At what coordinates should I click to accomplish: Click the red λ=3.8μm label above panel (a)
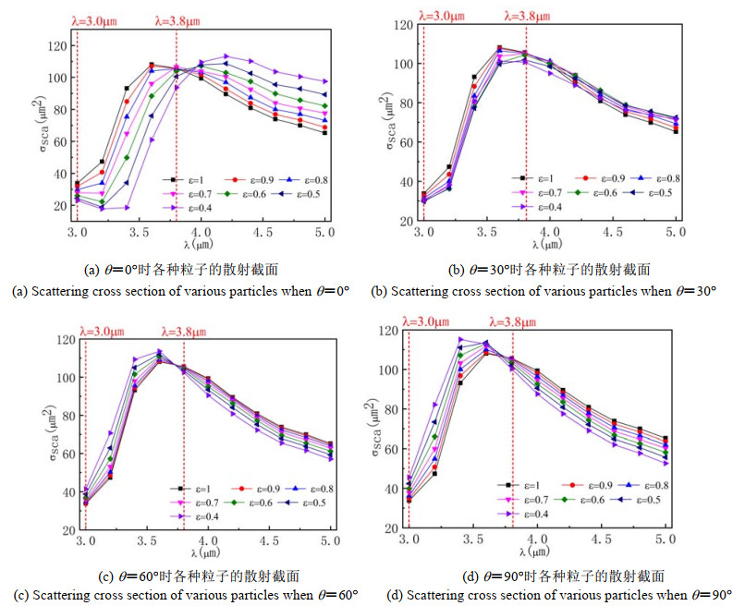[186, 16]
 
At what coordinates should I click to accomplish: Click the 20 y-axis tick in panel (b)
[406, 223]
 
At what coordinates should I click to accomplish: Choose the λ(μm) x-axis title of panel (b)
[545, 244]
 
